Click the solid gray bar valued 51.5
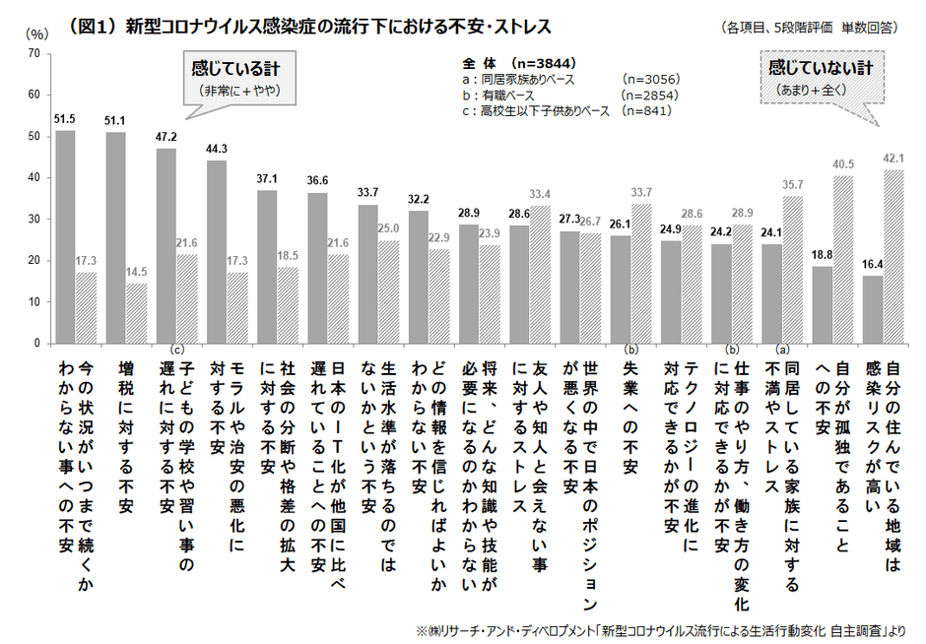65,236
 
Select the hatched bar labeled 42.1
893,256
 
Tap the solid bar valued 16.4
872,309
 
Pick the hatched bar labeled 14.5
136,313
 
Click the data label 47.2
165,138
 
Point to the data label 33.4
539,194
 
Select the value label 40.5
842,164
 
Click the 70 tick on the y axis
33,53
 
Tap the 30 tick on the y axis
33,220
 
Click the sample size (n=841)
646,110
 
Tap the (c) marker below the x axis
177,349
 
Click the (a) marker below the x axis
784,349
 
